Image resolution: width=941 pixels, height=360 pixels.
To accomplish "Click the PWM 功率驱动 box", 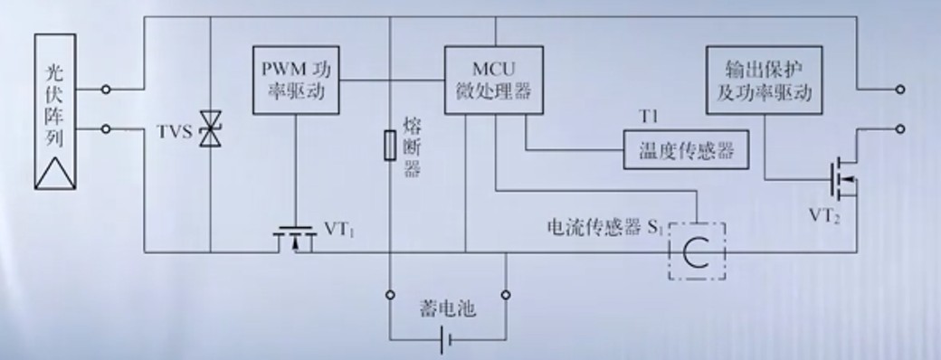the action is pyautogui.click(x=296, y=80).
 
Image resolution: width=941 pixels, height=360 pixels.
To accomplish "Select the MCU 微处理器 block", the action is pyautogui.click(x=494, y=80).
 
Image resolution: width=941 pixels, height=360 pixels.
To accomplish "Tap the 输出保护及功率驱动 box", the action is pyautogui.click(x=764, y=80).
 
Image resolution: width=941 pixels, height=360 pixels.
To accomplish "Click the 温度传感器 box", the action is pyautogui.click(x=686, y=149).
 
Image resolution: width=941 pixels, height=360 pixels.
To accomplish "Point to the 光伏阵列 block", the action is pyautogui.click(x=55, y=111).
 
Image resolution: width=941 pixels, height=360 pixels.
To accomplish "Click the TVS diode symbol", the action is pyautogui.click(x=211, y=128).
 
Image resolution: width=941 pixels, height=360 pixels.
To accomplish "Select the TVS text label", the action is pyautogui.click(x=175, y=131).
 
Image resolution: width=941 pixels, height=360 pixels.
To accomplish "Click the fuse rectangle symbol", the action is pyautogui.click(x=390, y=146).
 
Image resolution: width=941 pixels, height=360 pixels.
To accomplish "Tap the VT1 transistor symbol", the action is pyautogui.click(x=295, y=239).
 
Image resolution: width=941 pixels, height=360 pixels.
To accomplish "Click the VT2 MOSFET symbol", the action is pyautogui.click(x=842, y=178).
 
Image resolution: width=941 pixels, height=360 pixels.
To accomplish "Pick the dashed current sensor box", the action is pyautogui.click(x=698, y=251).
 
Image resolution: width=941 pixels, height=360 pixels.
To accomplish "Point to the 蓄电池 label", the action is pyautogui.click(x=447, y=309).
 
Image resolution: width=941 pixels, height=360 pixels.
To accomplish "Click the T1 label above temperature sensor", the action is pyautogui.click(x=648, y=117).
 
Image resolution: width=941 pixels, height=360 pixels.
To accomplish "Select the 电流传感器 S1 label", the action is pyautogui.click(x=604, y=227).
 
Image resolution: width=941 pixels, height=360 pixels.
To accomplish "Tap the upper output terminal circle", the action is pyautogui.click(x=900, y=90).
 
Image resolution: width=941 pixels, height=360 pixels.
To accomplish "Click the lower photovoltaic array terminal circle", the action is pyautogui.click(x=106, y=129).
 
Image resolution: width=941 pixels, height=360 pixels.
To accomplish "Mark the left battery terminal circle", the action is pyautogui.click(x=390, y=295).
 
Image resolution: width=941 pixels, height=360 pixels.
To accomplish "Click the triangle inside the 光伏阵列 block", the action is pyautogui.click(x=55, y=173).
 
